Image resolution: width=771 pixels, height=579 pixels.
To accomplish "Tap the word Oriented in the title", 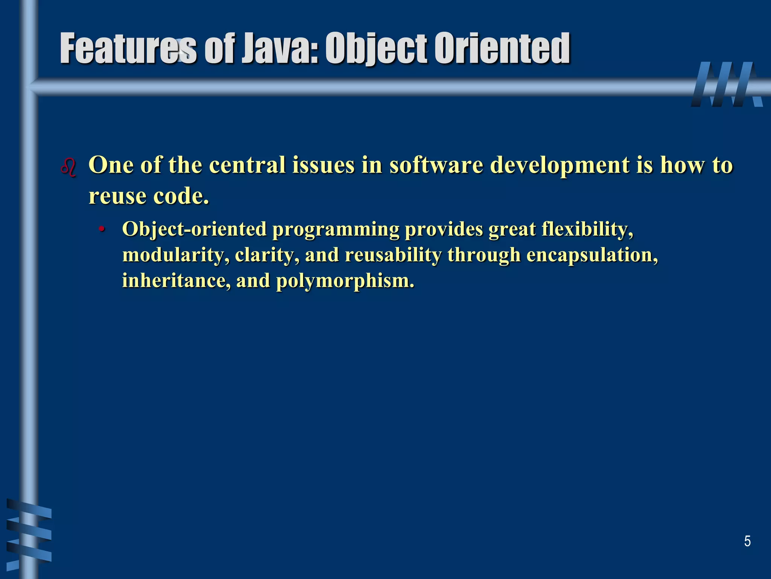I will pyautogui.click(x=502, y=49).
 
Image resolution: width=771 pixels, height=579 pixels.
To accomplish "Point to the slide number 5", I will pyautogui.click(x=747, y=541).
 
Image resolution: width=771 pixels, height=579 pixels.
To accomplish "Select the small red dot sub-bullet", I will pyautogui.click(x=102, y=229).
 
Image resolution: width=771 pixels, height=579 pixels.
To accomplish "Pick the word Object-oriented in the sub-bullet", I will pyautogui.click(x=194, y=229).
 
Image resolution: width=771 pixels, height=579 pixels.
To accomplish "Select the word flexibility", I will pyautogui.click(x=587, y=229).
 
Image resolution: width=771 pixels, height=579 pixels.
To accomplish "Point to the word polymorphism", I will pyautogui.click(x=345, y=281).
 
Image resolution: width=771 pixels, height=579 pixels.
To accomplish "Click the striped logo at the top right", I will pyautogui.click(x=727, y=84).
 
